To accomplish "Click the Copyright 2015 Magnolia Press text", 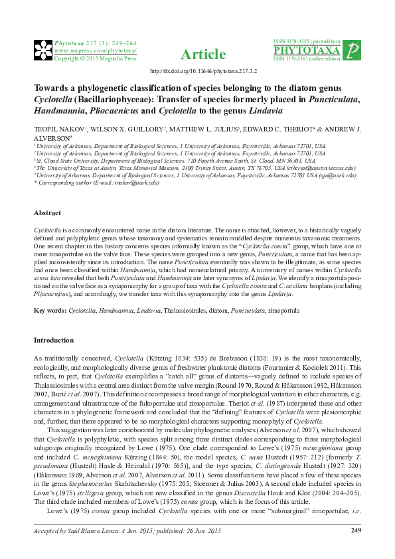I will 94,58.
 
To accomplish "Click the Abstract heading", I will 48,212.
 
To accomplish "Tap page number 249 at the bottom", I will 355,529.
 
